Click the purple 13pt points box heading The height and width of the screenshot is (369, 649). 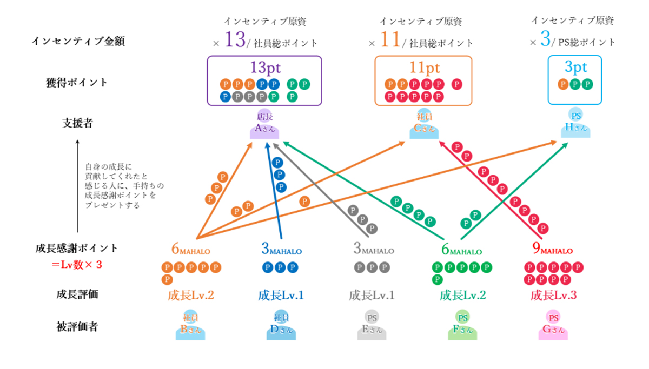click(264, 68)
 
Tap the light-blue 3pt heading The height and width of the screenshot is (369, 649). click(575, 68)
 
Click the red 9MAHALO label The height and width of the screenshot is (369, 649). click(553, 250)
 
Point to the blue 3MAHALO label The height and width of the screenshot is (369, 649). click(281, 250)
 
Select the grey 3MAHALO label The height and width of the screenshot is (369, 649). click(373, 250)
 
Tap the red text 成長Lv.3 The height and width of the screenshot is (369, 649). click(554, 295)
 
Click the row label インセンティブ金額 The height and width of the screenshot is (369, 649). click(78, 42)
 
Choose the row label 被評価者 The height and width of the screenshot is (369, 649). click(77, 326)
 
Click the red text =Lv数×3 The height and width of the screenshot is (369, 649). click(77, 265)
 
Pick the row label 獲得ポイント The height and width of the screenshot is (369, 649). click(77, 82)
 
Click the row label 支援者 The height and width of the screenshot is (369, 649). click(77, 123)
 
